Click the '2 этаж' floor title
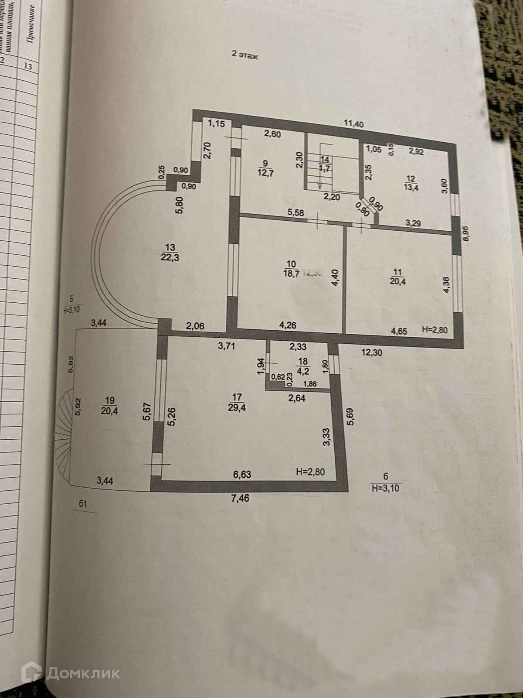coord(245,56)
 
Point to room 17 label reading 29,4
coord(237,402)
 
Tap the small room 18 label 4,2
coord(302,366)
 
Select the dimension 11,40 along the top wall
coord(353,123)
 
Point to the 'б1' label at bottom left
coord(84,505)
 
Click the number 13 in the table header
coord(29,67)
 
